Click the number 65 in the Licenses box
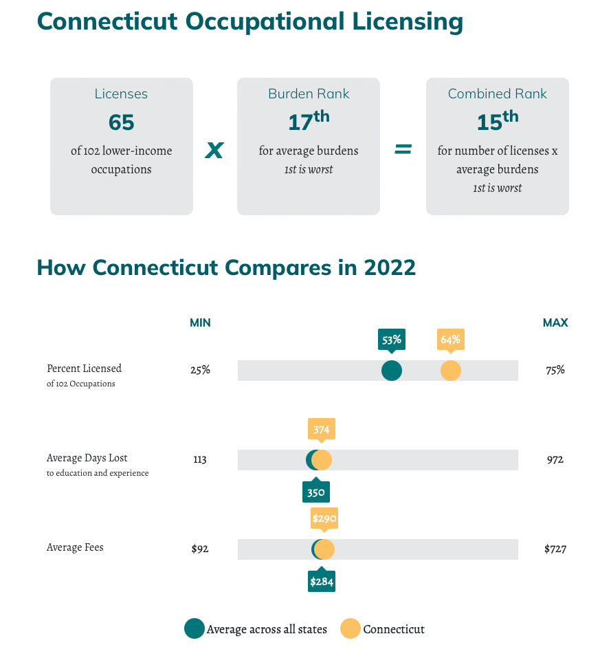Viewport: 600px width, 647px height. click(x=121, y=122)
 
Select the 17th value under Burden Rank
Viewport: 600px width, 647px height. click(x=308, y=121)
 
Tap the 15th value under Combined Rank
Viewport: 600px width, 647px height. click(x=497, y=121)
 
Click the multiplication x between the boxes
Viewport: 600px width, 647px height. click(x=214, y=149)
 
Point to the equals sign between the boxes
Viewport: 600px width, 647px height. click(x=403, y=149)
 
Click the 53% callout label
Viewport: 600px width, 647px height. click(x=392, y=339)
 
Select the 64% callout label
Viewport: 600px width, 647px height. click(x=451, y=339)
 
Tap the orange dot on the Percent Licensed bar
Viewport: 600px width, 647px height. click(x=451, y=371)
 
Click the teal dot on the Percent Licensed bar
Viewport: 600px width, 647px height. click(x=392, y=371)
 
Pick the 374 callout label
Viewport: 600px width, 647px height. click(x=322, y=430)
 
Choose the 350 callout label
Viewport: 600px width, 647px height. click(x=316, y=492)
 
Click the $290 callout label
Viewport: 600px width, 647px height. click(x=324, y=518)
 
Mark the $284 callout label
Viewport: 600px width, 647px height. click(x=322, y=582)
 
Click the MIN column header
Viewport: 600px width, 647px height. click(x=200, y=322)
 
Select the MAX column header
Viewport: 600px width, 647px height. click(x=555, y=322)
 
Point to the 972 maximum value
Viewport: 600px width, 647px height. click(x=555, y=459)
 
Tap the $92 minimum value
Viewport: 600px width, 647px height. click(x=200, y=549)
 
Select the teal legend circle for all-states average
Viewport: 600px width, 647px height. click(x=195, y=628)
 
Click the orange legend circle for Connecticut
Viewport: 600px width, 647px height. click(x=351, y=628)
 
